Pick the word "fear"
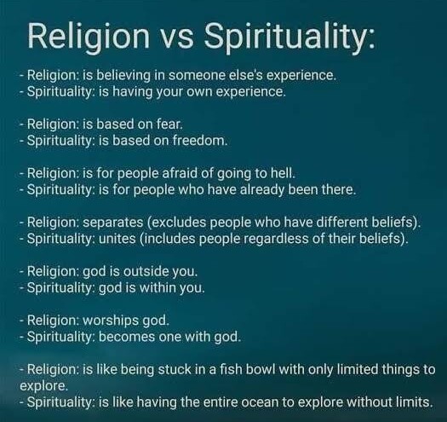pyautogui.click(x=169, y=124)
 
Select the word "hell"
pyautogui.click(x=281, y=171)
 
